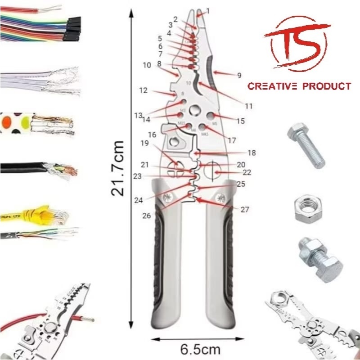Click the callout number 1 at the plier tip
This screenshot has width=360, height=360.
point(207,10)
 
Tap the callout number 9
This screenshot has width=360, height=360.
point(239,76)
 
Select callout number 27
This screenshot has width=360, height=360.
point(244,209)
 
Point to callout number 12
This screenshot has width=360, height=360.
point(144,90)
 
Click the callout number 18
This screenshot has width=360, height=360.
point(252,153)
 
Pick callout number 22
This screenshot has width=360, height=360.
point(247,173)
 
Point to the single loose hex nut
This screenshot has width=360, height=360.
point(308,208)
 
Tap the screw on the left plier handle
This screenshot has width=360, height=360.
point(170,197)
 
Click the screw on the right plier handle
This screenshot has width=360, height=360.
point(221,197)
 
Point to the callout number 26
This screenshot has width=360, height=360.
point(146,216)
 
